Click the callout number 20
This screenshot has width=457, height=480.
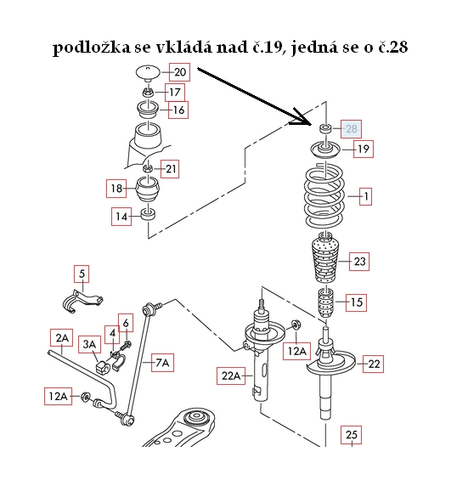pos(179,72)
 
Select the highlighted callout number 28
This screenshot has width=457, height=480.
pos(352,129)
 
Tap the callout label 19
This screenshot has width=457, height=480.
pos(363,150)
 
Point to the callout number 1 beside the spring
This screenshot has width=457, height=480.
pos(365,197)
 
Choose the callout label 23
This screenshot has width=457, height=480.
pos(359,262)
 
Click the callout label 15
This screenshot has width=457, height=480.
pos(356,301)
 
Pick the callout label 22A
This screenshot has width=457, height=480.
pos(231,376)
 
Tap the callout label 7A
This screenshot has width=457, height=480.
pos(162,363)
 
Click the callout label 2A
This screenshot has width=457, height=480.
pos(60,336)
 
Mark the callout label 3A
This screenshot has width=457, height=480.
pos(89,343)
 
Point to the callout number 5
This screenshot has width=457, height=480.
pos(82,274)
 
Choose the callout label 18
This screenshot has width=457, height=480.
pos(117,188)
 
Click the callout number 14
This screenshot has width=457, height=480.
pos(122,217)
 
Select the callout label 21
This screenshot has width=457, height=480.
pos(171,170)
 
